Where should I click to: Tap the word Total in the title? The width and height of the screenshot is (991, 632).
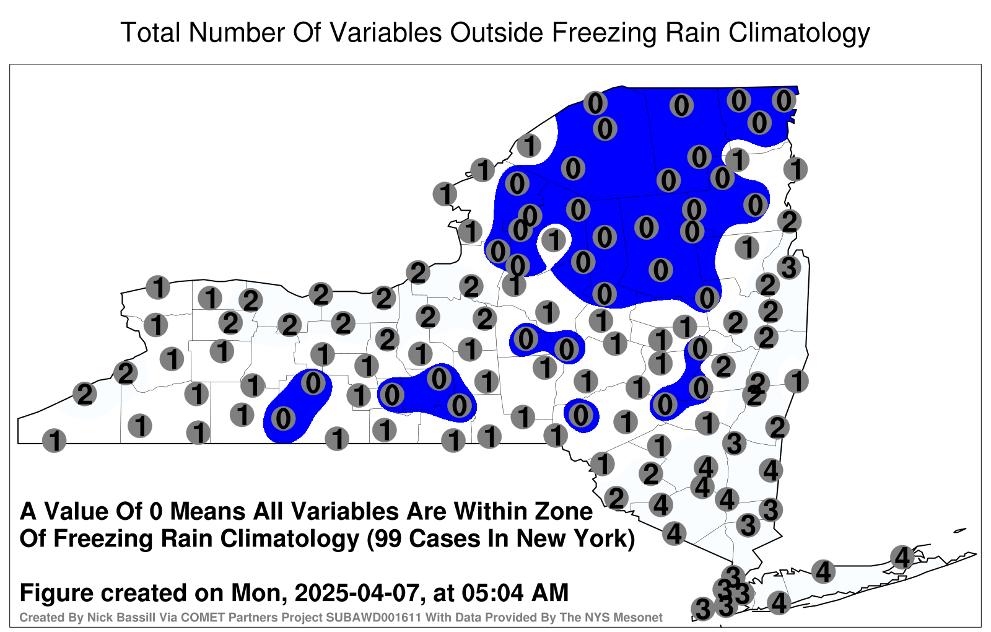151,32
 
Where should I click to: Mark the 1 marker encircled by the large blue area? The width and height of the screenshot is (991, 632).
554,240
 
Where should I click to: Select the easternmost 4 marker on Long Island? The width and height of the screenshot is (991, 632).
902,557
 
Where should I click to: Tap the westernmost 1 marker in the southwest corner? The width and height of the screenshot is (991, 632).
54,441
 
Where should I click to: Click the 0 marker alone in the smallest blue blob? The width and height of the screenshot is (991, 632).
580,415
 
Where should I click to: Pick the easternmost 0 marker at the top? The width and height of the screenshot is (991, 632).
784,100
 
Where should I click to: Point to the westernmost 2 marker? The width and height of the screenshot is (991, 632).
84,393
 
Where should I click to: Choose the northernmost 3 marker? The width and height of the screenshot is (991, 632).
789,267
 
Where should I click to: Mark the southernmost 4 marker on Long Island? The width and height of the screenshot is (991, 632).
779,603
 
